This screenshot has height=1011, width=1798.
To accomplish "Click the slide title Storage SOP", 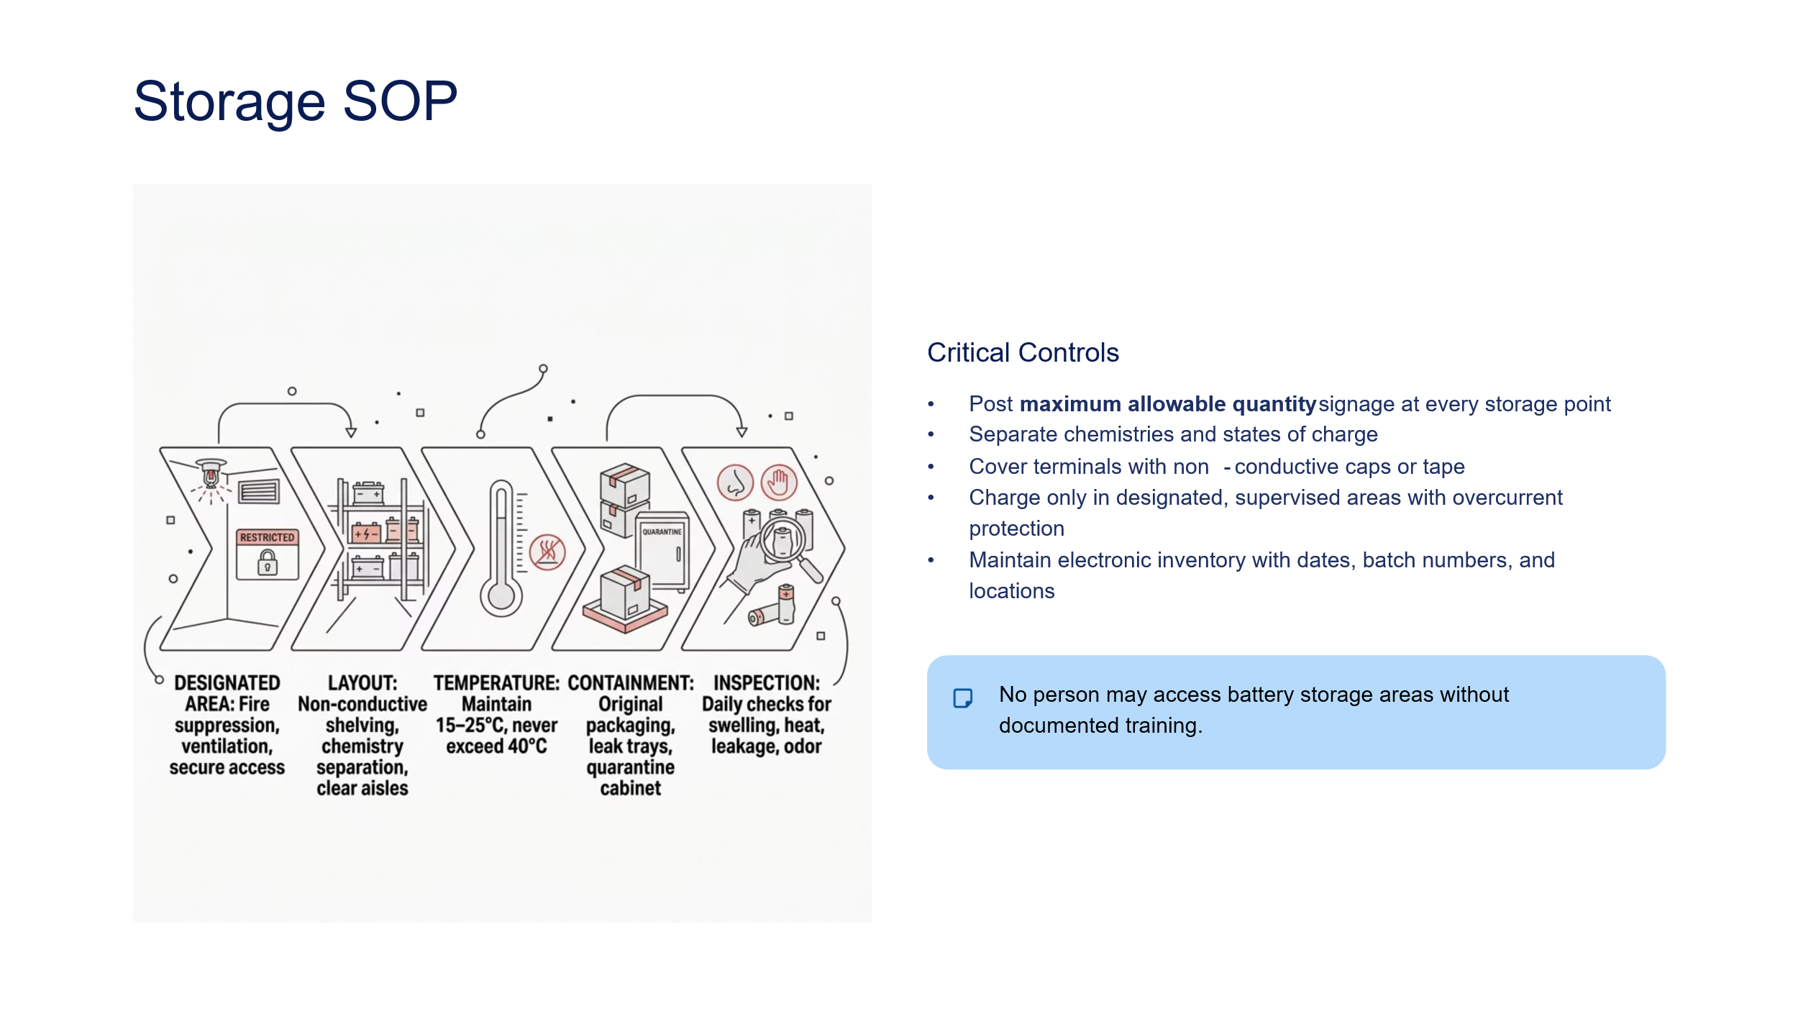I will pyautogui.click(x=295, y=101).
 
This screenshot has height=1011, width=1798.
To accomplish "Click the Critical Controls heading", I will pyautogui.click(x=1022, y=353).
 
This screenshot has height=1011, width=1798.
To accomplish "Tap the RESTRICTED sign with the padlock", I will pyautogui.click(x=267, y=554).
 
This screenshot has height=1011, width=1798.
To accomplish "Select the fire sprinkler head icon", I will pyautogui.click(x=211, y=474).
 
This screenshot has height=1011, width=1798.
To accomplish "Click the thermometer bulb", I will pyautogui.click(x=501, y=596).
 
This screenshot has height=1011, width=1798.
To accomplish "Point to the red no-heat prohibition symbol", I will pyautogui.click(x=547, y=552).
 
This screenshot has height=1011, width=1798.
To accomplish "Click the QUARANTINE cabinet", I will pyautogui.click(x=662, y=550).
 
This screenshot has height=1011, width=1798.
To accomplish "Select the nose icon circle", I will pyautogui.click(x=735, y=482).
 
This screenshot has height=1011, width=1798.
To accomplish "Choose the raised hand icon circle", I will pyautogui.click(x=779, y=482).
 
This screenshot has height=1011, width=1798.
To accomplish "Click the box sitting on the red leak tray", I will pyautogui.click(x=625, y=595).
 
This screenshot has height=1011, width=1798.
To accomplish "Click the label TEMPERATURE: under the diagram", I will pyautogui.click(x=496, y=683).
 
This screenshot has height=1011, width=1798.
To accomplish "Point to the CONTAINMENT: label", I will pyautogui.click(x=631, y=683).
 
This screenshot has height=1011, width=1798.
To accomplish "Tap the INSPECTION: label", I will pyautogui.click(x=766, y=683).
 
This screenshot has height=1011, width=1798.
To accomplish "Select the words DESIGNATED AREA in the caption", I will pyautogui.click(x=227, y=693).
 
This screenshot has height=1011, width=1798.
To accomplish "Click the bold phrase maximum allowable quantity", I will pyautogui.click(x=1167, y=404).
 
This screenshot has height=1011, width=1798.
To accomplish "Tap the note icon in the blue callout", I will pyautogui.click(x=962, y=698).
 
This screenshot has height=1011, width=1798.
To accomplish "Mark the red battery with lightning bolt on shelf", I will pyautogui.click(x=366, y=534).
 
